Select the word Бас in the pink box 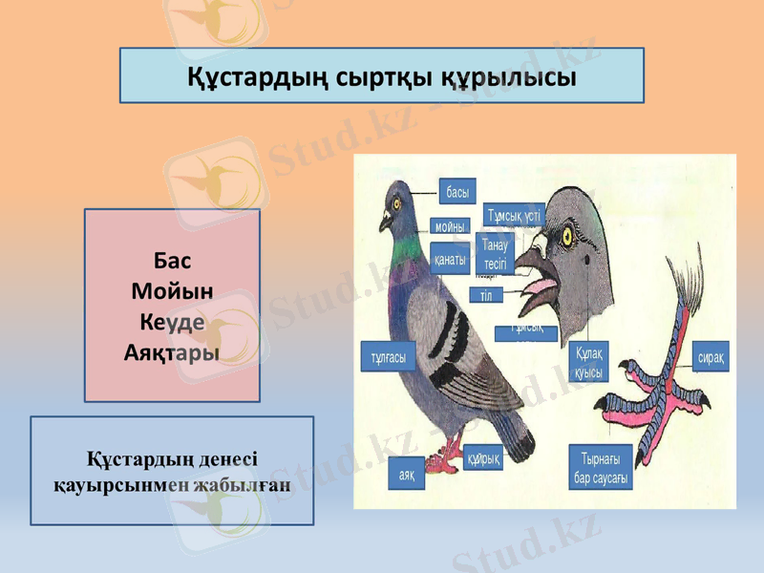[173, 261]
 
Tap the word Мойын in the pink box [173, 290]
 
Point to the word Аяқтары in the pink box [172, 351]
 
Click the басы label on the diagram [457, 193]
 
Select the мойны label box [450, 227]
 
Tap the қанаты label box [450, 259]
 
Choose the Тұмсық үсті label [515, 215]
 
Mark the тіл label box [486, 295]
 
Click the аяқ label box [407, 474]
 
